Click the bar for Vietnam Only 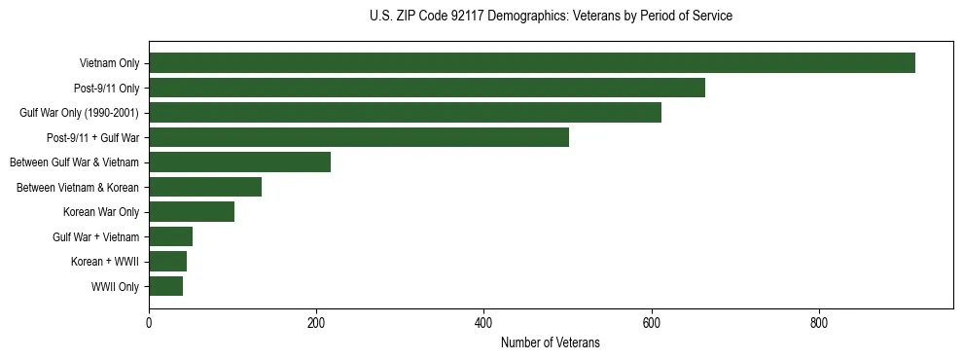click(x=532, y=63)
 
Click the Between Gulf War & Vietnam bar click(x=239, y=162)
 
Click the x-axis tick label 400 click(x=483, y=322)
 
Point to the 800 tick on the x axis click(x=819, y=322)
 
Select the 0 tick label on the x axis click(x=149, y=322)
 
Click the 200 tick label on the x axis click(x=316, y=322)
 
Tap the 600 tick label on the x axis click(x=651, y=322)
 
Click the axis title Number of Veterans click(x=550, y=343)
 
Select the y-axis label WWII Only click(x=115, y=287)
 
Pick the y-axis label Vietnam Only click(x=109, y=64)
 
